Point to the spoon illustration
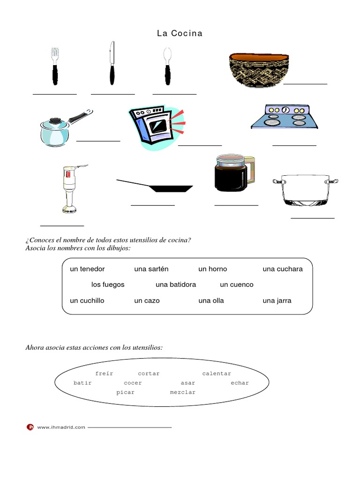pos(167,65)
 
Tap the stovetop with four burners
pos(284,117)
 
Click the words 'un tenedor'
pos(87,269)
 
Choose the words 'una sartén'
pos(151,269)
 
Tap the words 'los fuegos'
pos(108,285)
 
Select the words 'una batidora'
pos(176,285)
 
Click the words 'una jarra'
pos(277,300)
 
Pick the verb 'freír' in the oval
pos(104,374)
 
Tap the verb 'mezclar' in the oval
pos(182,392)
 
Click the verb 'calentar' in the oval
pos(217,374)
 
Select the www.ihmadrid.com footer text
pos(61,427)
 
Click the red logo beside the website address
pos(30,427)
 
